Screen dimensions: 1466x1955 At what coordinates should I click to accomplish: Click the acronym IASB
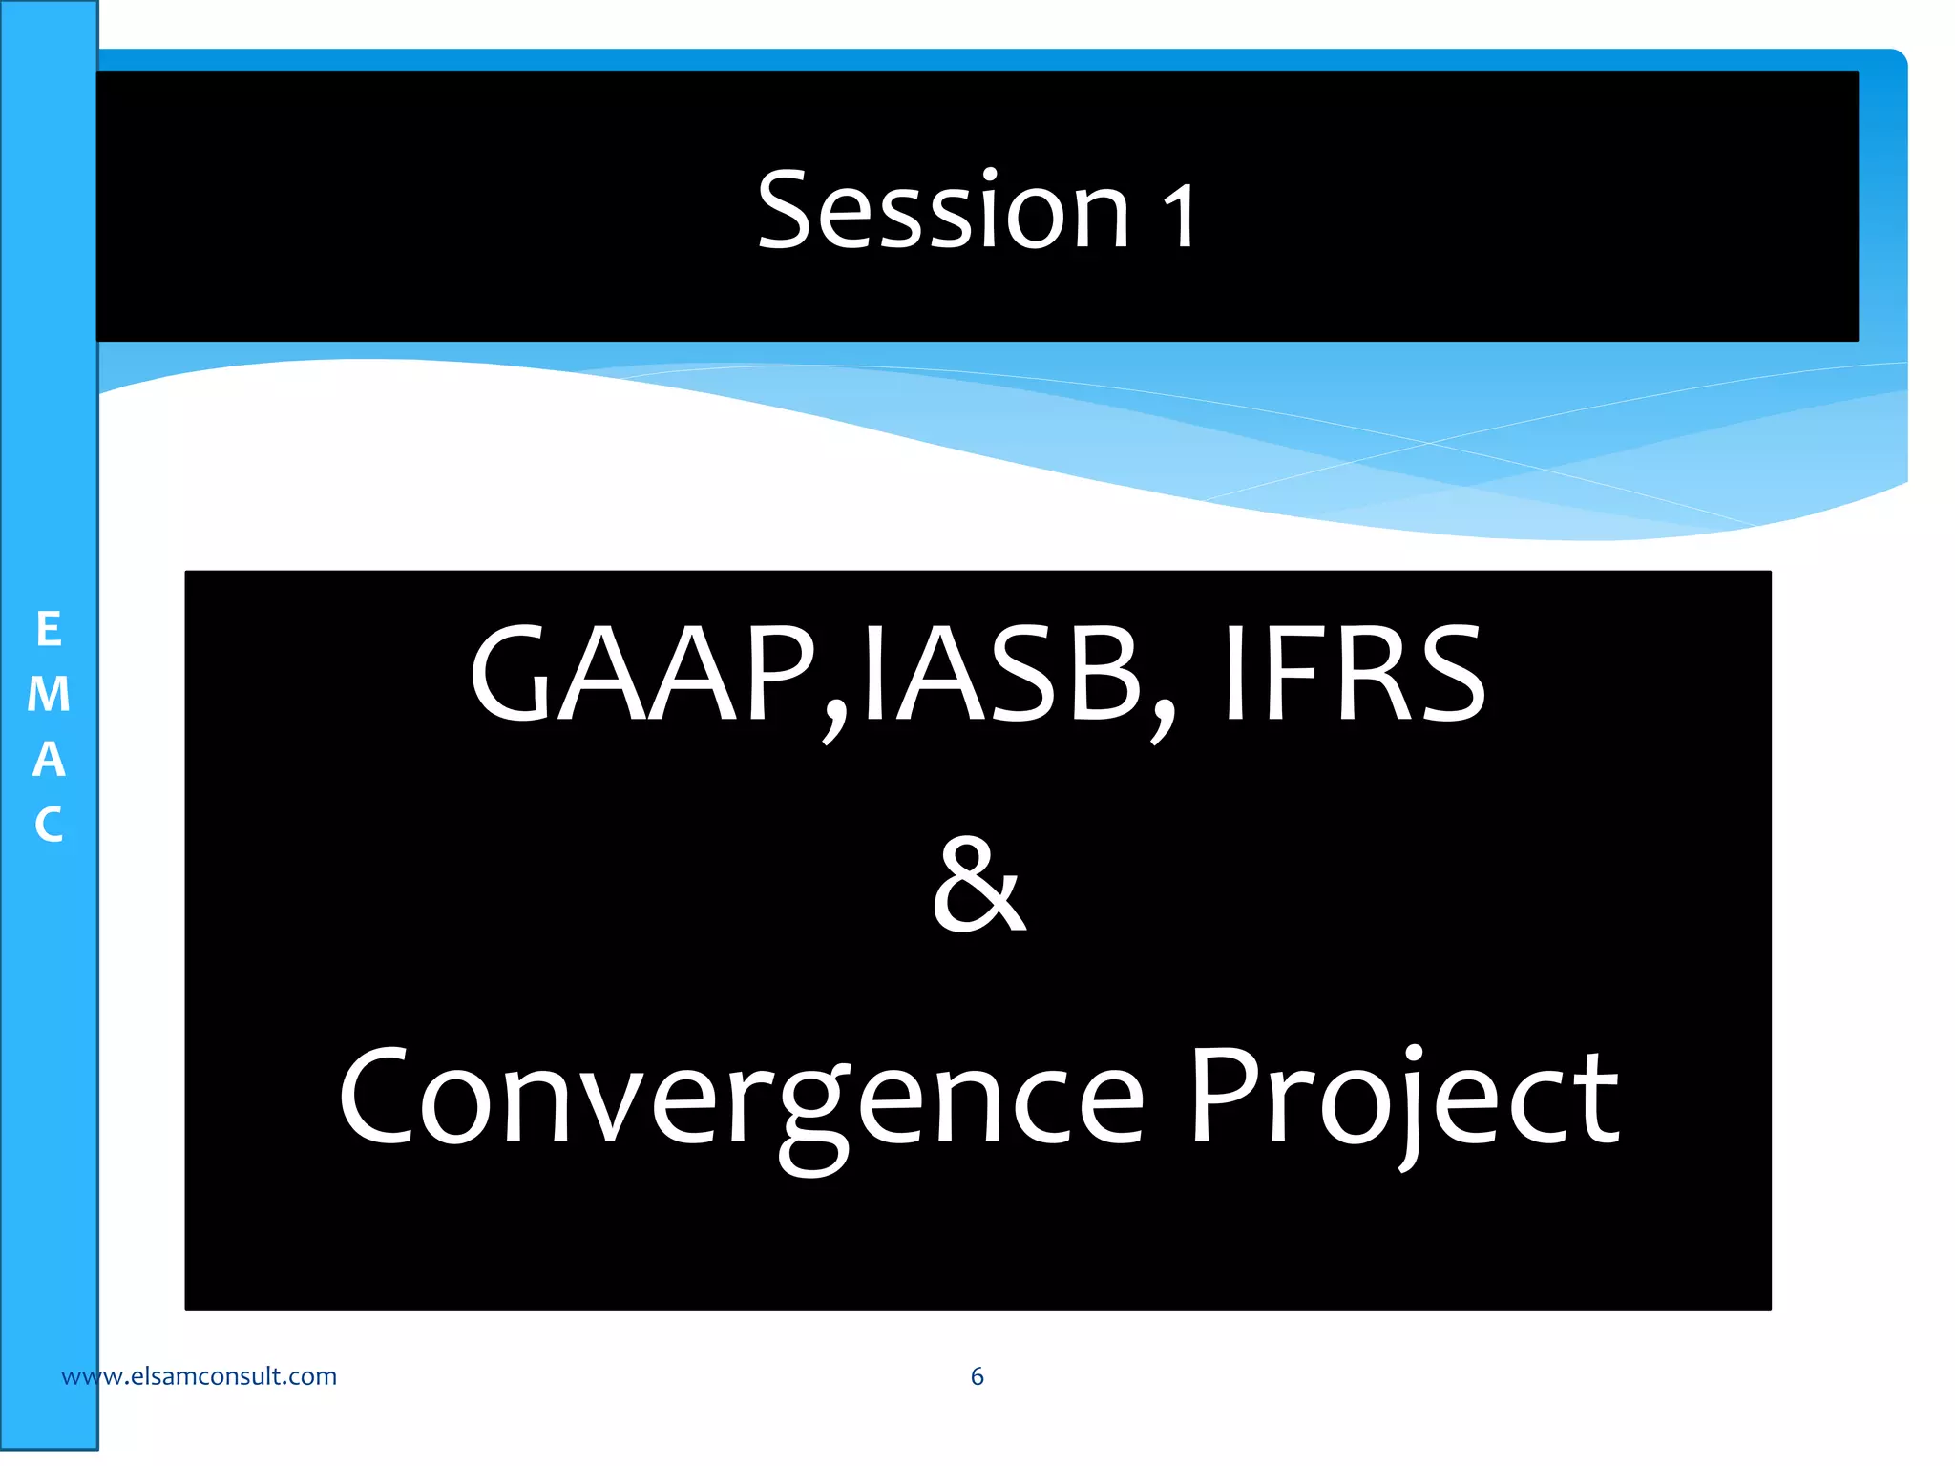pos(1002,674)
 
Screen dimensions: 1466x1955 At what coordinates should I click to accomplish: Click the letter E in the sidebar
pos(49,630)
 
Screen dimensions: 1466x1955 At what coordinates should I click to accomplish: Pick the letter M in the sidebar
pos(49,695)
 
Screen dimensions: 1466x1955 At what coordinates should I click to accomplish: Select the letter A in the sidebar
pos(49,760)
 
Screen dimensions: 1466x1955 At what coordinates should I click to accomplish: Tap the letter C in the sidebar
pos(49,825)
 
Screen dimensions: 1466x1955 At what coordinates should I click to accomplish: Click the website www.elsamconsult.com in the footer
pos(199,1376)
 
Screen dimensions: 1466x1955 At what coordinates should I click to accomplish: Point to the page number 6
pos(977,1376)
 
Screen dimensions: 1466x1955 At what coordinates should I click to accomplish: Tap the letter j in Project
pos(1411,1107)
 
